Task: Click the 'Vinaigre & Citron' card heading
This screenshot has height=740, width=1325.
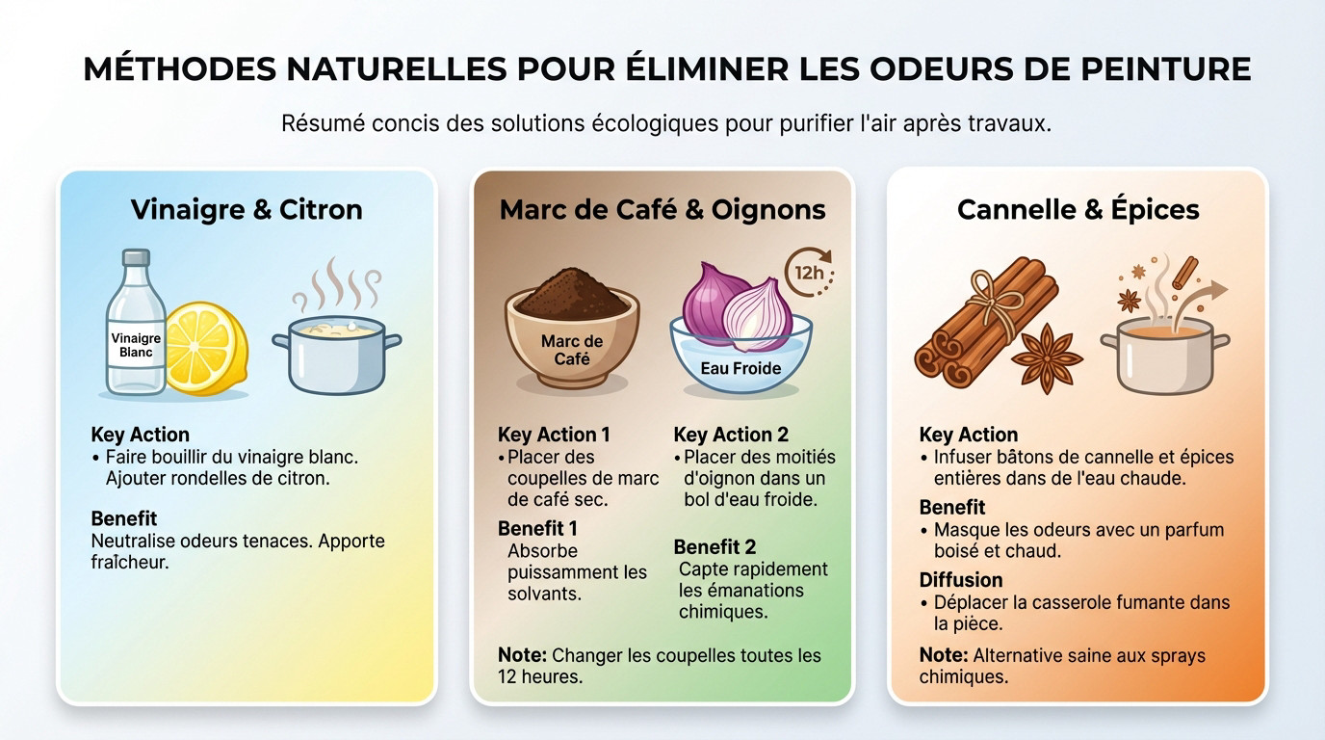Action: pyautogui.click(x=247, y=210)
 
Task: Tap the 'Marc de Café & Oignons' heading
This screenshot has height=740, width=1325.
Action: pyautogui.click(x=662, y=210)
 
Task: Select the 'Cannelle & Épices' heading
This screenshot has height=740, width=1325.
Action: pyautogui.click(x=1078, y=210)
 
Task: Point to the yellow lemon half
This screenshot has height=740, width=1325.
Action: pyautogui.click(x=207, y=348)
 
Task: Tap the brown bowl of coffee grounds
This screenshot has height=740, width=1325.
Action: pyautogui.click(x=571, y=328)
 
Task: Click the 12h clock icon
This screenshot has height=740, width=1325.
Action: pyautogui.click(x=808, y=272)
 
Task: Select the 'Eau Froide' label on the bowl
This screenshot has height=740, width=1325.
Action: pyautogui.click(x=740, y=368)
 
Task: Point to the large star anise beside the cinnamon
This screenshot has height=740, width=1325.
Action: pyautogui.click(x=1047, y=358)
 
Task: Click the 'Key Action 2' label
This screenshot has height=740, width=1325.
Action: pyautogui.click(x=731, y=435)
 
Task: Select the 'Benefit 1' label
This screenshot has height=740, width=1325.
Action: pyautogui.click(x=537, y=528)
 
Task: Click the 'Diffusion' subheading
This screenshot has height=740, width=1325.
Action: pyautogui.click(x=960, y=580)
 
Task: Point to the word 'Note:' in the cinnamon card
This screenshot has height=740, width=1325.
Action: pyautogui.click(x=943, y=655)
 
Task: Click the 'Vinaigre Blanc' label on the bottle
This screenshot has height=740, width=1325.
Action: pyautogui.click(x=136, y=345)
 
